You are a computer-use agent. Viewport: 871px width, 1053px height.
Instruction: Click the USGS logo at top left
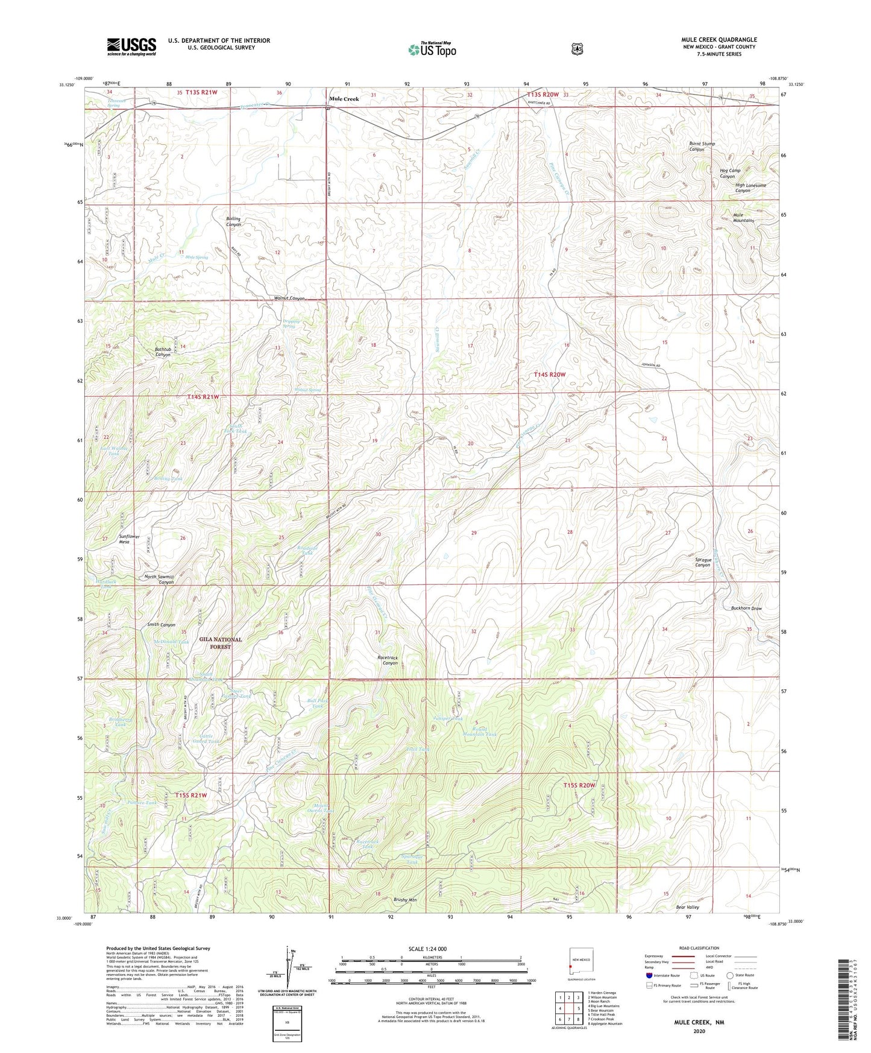coord(131,46)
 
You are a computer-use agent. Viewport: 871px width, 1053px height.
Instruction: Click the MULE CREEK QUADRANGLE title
coord(719,40)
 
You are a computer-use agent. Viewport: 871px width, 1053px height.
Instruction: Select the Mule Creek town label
coord(344,99)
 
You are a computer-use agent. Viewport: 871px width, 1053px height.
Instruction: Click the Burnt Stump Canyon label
coord(702,147)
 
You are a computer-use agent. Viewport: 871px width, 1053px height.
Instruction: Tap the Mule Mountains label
coord(743,218)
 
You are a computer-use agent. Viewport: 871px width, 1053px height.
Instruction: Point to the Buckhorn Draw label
coord(746,609)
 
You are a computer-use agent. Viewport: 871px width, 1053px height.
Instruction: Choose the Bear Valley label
coord(687,907)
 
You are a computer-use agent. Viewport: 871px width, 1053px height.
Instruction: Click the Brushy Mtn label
coord(404,900)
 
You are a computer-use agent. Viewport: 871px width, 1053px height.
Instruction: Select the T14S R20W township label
coord(549,375)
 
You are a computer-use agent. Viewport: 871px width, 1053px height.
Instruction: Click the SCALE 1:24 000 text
coord(427,949)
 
